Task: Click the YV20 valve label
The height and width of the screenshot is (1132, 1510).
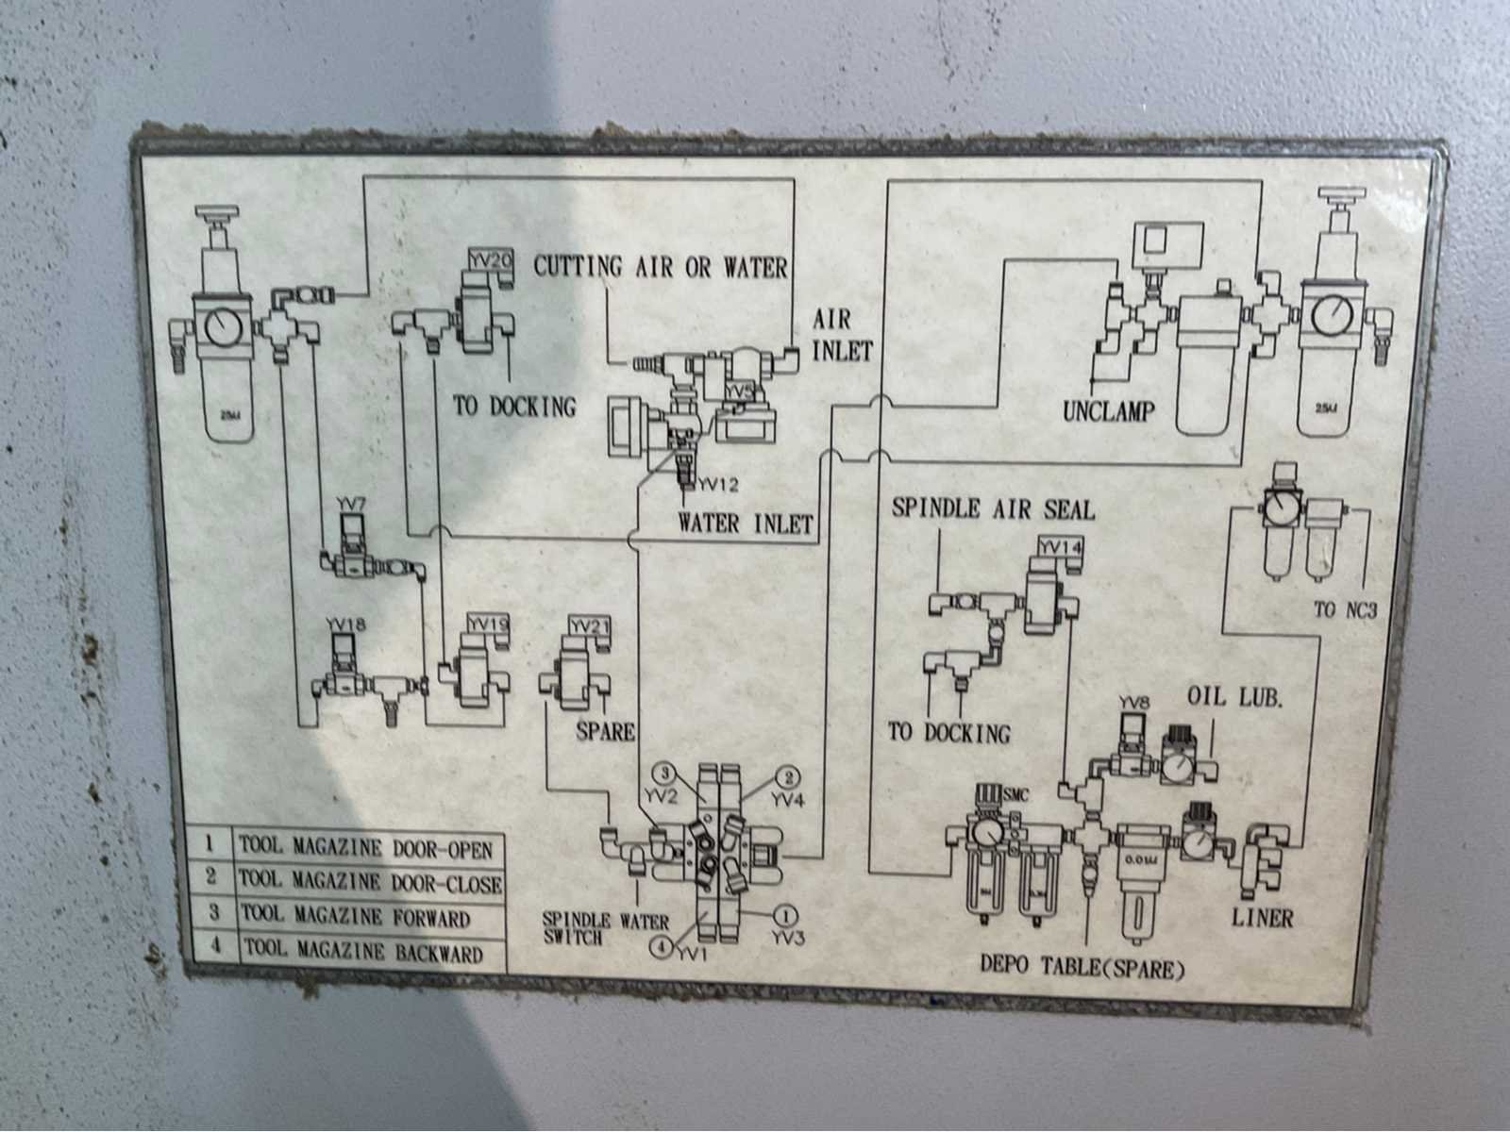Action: pyautogui.click(x=490, y=258)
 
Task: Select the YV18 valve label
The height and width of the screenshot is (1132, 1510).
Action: pyautogui.click(x=345, y=624)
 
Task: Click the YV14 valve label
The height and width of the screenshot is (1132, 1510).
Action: pyautogui.click(x=1059, y=546)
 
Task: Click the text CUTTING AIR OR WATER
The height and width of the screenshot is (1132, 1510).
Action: pyautogui.click(x=661, y=267)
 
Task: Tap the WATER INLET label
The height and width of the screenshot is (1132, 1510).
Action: pyautogui.click(x=745, y=524)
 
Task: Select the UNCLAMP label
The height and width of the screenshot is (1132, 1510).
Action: pyautogui.click(x=1109, y=411)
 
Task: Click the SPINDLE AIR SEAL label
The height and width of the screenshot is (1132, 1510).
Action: pyautogui.click(x=993, y=509)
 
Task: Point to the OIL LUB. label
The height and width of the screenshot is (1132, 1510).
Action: pyautogui.click(x=1234, y=698)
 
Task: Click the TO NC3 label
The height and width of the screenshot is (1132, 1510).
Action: pyautogui.click(x=1345, y=610)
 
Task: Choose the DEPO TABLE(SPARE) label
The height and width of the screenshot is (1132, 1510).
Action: pyautogui.click(x=1082, y=966)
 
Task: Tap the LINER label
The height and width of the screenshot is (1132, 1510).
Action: pyautogui.click(x=1262, y=916)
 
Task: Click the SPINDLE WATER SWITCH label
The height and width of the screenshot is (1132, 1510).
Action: pyautogui.click(x=604, y=928)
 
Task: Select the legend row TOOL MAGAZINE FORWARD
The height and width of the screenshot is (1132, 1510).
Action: pyautogui.click(x=355, y=916)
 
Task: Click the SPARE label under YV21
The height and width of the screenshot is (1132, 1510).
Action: pyautogui.click(x=605, y=731)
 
